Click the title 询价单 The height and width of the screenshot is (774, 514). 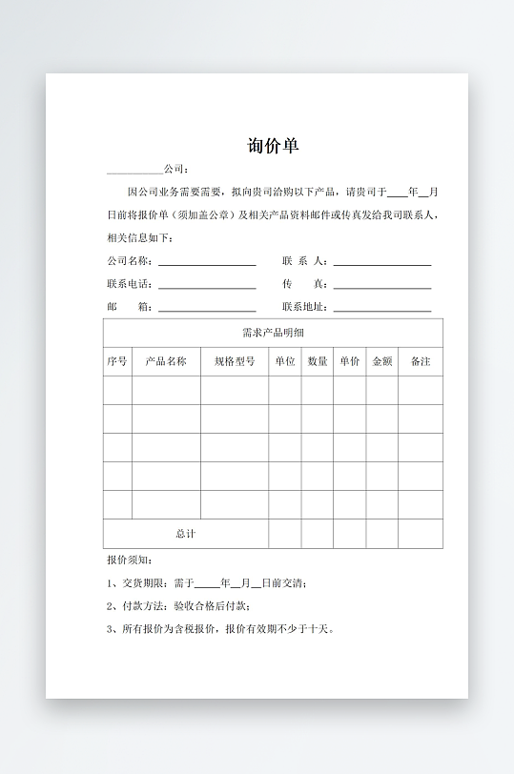[273, 146]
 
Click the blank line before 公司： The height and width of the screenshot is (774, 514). [134, 172]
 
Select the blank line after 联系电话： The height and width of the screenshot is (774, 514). [207, 286]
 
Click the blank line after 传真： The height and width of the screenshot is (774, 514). [381, 286]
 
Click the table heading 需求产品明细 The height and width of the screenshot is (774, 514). [273, 333]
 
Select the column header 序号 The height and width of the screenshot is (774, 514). [117, 361]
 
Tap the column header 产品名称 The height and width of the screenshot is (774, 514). [166, 361]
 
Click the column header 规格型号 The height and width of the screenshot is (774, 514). [234, 361]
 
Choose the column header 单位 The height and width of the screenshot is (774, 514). [284, 361]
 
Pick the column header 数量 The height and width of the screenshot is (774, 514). [318, 361]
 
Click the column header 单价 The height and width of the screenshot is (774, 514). [349, 361]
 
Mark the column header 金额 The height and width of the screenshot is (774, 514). [381, 361]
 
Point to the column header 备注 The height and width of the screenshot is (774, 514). [420, 361]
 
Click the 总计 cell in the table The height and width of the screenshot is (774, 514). [185, 534]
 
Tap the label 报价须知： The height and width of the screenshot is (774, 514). [129, 560]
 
